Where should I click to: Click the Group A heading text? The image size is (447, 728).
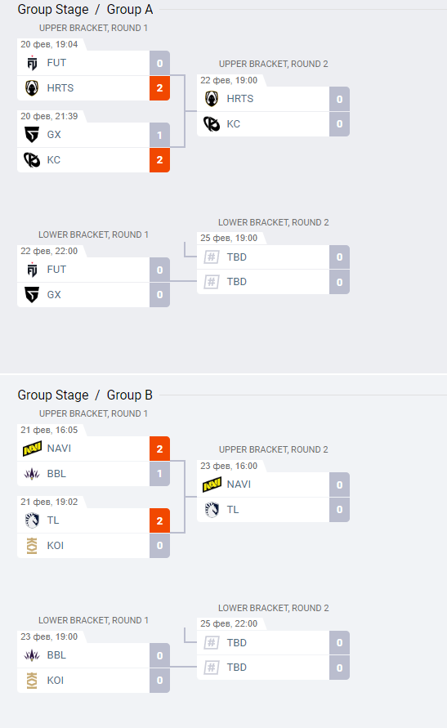129,9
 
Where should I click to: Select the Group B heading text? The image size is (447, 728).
129,395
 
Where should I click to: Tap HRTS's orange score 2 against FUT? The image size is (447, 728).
159,88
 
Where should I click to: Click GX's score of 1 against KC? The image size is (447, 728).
159,135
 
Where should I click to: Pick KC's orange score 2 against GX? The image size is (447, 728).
159,160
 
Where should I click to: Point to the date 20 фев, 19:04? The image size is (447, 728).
49,45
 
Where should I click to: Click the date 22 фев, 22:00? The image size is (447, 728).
49,251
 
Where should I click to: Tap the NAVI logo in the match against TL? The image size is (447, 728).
212,485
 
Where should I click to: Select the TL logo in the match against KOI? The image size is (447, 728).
32,520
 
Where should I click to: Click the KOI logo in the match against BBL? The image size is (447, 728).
32,680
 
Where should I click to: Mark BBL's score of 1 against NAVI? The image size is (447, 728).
159,474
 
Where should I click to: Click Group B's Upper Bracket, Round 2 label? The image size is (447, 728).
274,449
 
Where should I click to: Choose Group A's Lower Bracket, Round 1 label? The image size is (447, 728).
93,234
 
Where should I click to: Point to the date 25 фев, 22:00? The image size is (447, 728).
229,623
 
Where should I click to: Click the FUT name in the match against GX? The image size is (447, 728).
56,270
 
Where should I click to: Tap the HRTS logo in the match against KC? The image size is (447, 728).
212,99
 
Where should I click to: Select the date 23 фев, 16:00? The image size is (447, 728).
229,466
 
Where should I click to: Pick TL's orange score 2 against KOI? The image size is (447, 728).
159,521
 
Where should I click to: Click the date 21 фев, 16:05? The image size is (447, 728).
49,430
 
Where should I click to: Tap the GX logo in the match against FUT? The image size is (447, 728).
32,295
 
